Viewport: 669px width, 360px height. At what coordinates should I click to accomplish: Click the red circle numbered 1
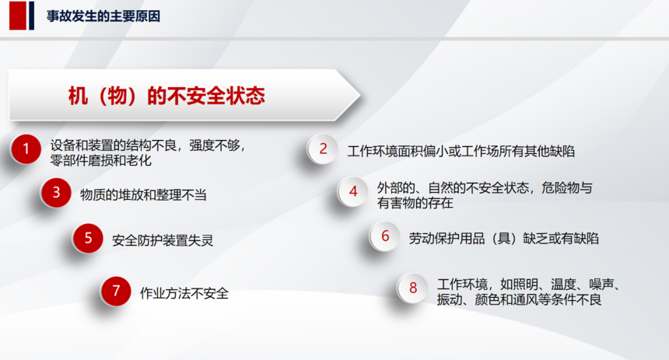[26, 149]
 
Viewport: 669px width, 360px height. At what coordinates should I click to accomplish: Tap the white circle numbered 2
[323, 149]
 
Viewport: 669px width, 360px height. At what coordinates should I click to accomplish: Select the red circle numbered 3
[56, 193]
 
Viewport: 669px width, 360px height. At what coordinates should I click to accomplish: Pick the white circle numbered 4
[353, 191]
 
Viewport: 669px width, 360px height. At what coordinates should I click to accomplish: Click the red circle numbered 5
[88, 238]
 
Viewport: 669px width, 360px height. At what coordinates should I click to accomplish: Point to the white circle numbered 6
[385, 236]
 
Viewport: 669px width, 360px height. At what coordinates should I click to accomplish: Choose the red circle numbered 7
[116, 292]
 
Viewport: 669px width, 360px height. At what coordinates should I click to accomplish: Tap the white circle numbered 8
[412, 288]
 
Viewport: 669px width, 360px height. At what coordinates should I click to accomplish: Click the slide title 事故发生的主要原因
[103, 16]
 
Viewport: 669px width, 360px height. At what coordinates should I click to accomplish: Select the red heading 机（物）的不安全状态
[166, 96]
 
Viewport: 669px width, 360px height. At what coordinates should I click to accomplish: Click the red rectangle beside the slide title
[17, 16]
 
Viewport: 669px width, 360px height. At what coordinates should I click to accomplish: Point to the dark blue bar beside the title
[32, 16]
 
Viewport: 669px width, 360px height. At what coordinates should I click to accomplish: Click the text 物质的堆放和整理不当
[143, 195]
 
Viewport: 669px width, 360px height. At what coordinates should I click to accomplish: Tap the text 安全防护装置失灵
[163, 240]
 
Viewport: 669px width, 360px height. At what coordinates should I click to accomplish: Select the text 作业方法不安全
[184, 293]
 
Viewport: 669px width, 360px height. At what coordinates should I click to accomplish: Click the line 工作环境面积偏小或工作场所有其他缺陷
[461, 151]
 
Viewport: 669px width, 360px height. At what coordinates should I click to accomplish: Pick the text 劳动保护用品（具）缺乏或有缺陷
[503, 239]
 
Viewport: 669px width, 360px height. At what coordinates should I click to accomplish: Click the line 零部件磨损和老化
[100, 160]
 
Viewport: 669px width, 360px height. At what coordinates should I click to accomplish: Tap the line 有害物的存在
[415, 203]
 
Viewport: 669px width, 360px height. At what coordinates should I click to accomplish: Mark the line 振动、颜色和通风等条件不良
[519, 299]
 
